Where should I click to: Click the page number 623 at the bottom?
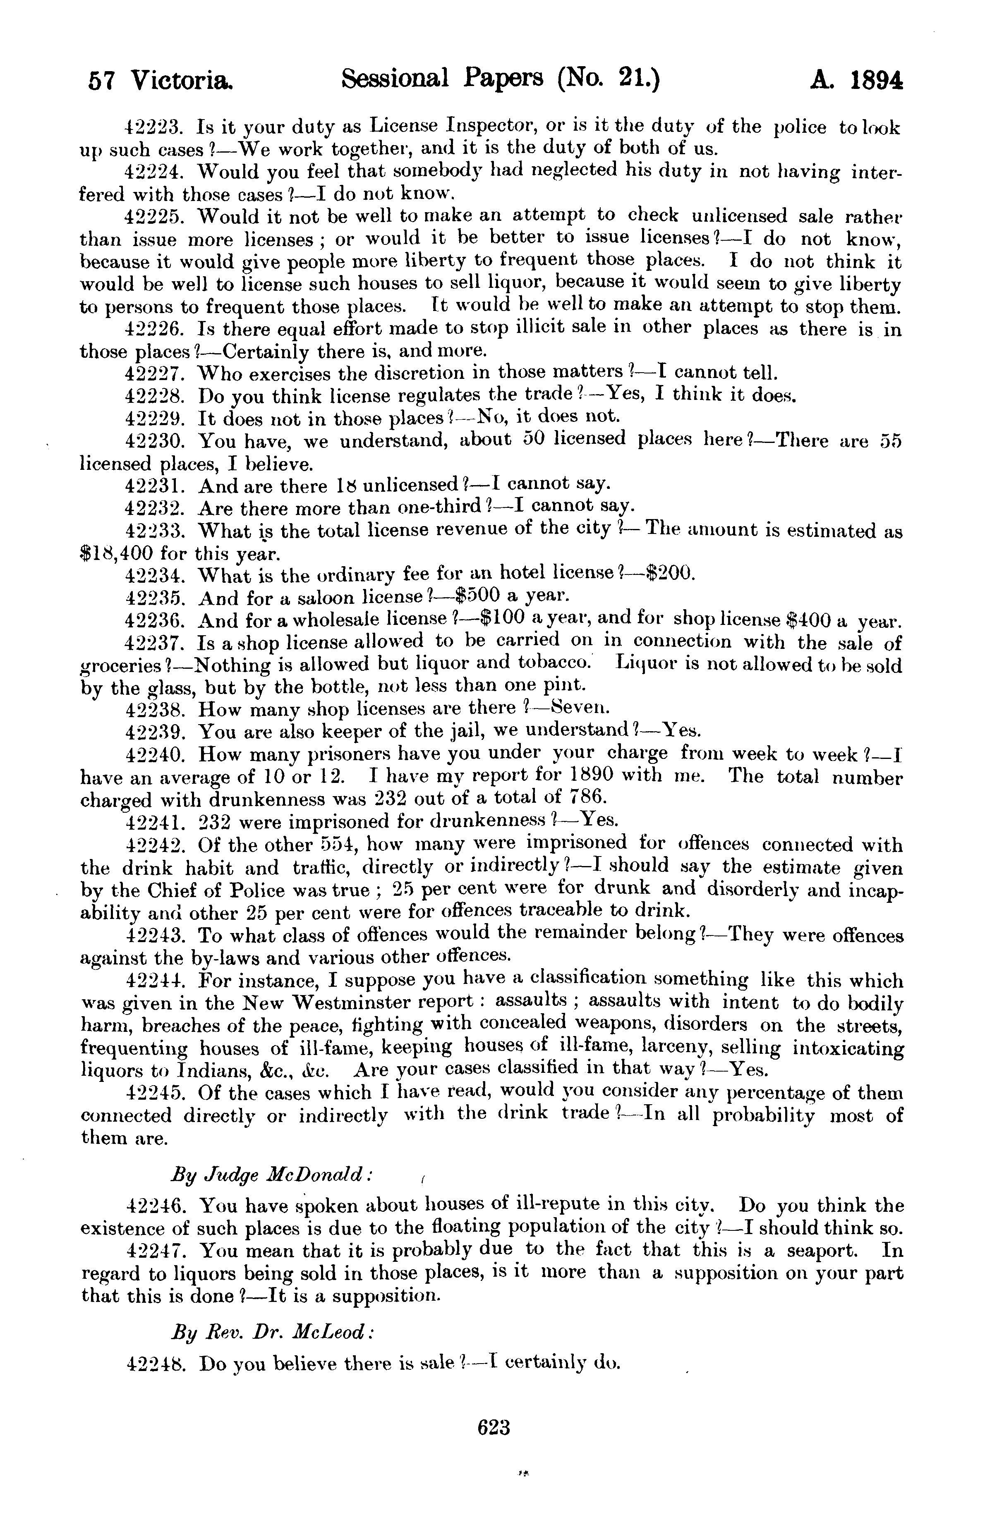(494, 1426)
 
